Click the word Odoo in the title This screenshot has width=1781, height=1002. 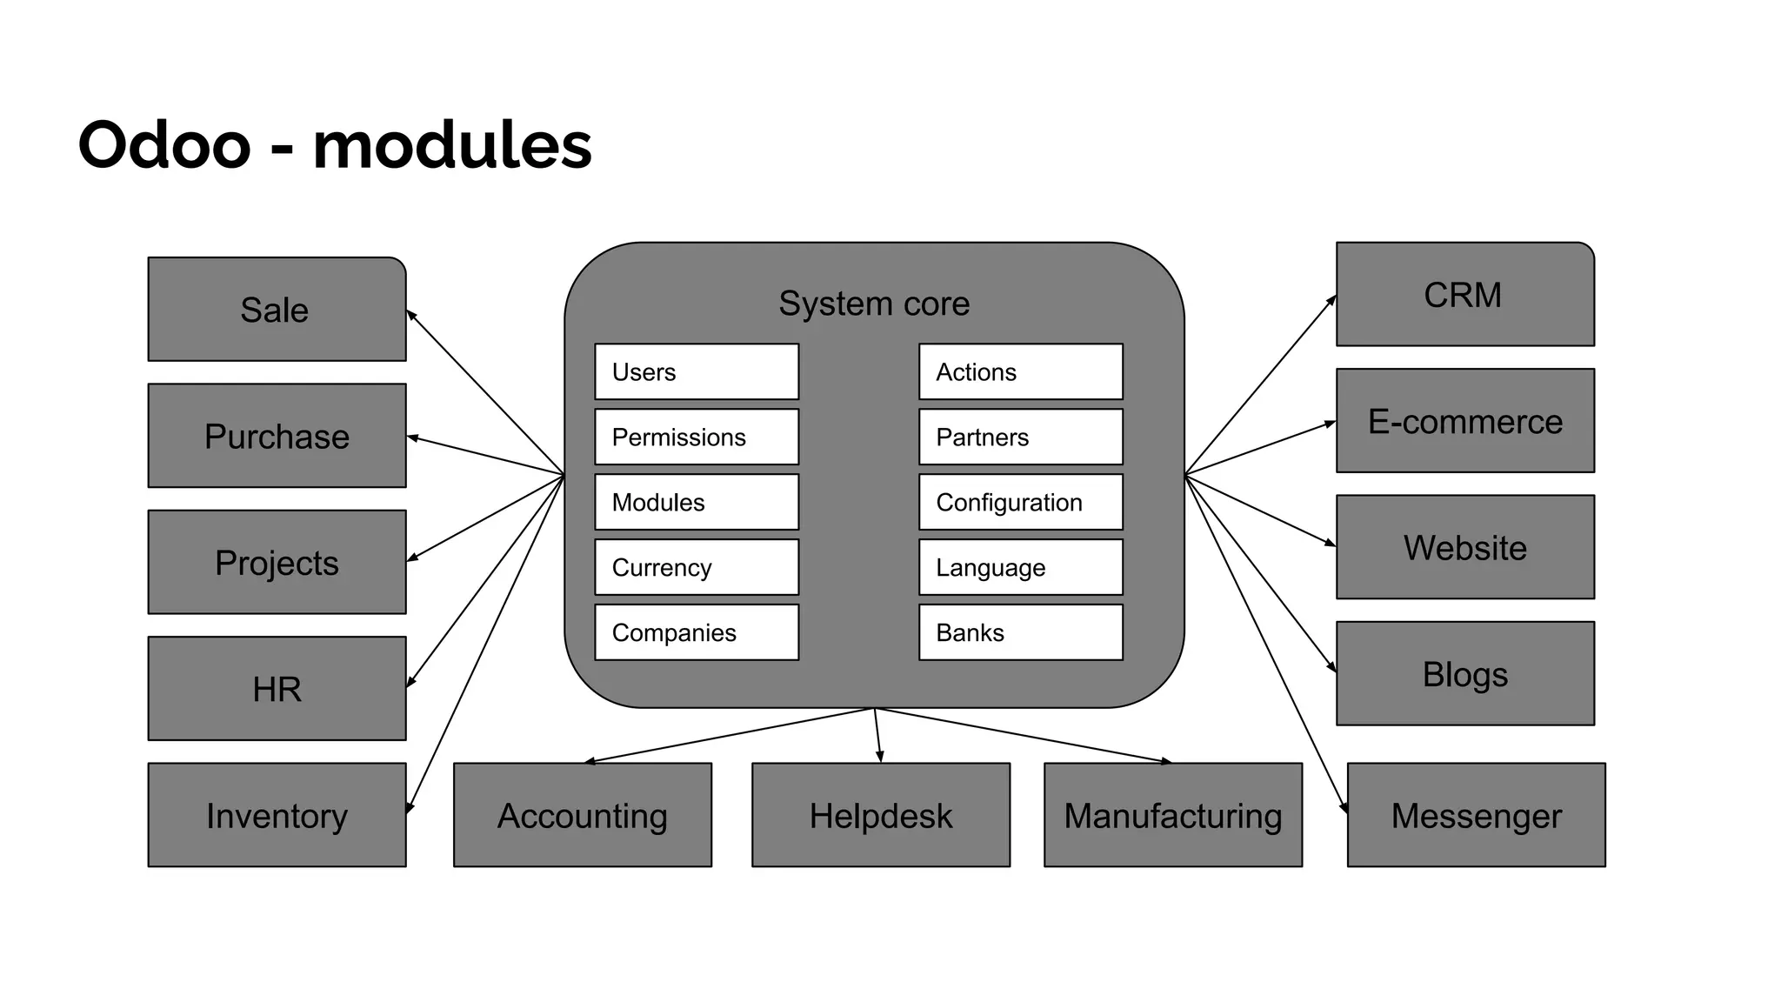tap(164, 144)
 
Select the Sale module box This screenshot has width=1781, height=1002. tap(277, 310)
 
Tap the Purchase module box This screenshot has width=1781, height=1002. tap(277, 436)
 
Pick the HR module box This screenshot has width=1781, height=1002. tap(277, 689)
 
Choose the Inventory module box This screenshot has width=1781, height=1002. tap(277, 815)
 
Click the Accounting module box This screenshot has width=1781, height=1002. tap(582, 815)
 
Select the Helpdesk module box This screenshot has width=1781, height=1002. tap(880, 815)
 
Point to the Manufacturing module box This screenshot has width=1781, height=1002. tap(1172, 815)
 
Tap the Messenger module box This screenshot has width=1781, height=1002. tap(1476, 815)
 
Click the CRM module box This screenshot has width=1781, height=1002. tap(1464, 295)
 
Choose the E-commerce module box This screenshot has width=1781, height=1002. tap(1464, 421)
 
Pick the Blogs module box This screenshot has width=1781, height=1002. tap(1464, 673)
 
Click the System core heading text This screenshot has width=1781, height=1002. tap(873, 304)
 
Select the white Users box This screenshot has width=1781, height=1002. tap(697, 372)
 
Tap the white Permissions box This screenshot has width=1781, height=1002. tap(697, 438)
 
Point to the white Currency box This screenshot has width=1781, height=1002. tap(697, 567)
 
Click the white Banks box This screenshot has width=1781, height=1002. tap(1020, 632)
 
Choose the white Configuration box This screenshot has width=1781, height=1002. tap(1020, 502)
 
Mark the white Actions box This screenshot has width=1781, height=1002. tap(1020, 372)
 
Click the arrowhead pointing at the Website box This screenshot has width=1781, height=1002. tap(1331, 544)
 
